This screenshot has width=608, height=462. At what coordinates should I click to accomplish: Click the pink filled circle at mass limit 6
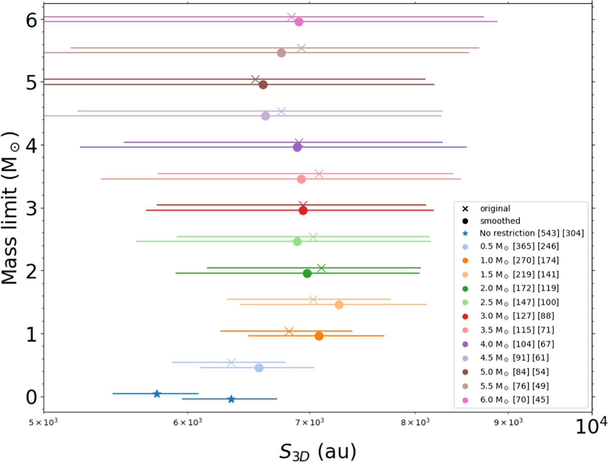299,22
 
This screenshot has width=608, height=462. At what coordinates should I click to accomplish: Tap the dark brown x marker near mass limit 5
256,80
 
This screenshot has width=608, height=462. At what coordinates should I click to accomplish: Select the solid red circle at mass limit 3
303,210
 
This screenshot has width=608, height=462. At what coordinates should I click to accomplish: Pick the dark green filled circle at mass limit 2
307,273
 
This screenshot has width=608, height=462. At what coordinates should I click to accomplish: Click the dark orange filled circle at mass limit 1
319,336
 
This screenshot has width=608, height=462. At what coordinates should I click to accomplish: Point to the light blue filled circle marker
259,368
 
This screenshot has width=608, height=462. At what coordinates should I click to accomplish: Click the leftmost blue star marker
157,394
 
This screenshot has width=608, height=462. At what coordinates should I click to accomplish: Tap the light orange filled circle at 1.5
339,305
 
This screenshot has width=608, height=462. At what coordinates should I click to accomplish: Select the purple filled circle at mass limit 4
297,147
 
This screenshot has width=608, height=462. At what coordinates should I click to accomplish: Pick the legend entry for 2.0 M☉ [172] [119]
519,288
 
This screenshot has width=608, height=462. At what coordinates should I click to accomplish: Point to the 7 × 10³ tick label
309,422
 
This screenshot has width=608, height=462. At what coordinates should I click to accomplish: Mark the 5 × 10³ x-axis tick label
43,422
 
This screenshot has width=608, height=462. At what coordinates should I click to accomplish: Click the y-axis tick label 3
31,208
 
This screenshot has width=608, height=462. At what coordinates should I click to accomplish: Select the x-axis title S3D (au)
317,451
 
